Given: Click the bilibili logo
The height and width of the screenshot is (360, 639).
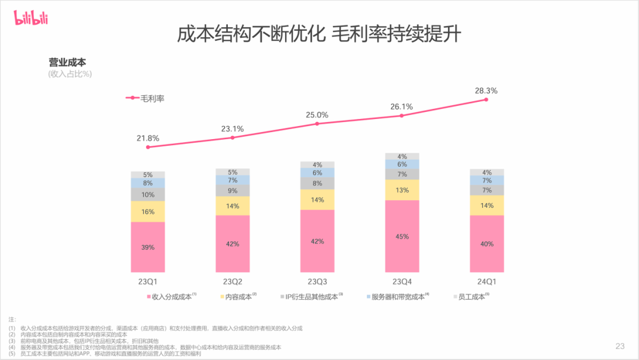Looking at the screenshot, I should point(31,19).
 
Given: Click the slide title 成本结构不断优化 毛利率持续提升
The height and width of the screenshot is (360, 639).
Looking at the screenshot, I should point(319,34).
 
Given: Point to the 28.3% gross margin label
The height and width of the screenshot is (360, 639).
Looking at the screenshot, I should point(486,91).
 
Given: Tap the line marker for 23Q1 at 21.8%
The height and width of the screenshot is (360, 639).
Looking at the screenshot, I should point(148,147).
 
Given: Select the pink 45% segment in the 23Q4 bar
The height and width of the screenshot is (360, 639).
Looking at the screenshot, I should point(402,236).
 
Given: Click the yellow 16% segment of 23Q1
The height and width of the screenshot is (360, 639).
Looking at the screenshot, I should point(148,211).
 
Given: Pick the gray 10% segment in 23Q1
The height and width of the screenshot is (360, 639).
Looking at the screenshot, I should point(148,194).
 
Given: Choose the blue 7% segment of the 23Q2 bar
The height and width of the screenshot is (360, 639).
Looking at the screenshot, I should point(233,180).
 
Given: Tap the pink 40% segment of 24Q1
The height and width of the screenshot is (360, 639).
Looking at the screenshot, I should point(486,243).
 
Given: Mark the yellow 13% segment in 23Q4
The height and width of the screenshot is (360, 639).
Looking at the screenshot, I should point(402,190).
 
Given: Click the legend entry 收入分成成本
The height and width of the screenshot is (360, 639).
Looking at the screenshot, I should point(171,297).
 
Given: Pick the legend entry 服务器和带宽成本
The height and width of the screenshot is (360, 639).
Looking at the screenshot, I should point(397,297).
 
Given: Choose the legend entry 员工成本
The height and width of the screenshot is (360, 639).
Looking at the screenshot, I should point(471,297).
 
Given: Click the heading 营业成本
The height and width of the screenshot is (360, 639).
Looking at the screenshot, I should point(67,62).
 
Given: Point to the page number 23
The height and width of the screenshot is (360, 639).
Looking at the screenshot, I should point(619,346).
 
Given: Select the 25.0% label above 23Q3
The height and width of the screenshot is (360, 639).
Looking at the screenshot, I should point(317,115).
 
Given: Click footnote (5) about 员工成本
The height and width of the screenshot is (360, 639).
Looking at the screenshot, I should point(106,353).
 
